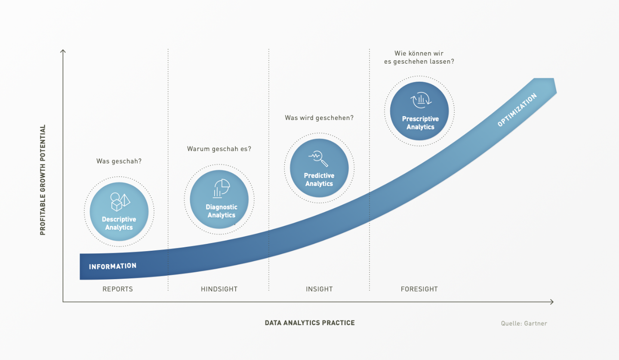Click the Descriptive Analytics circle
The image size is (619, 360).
click(x=119, y=212)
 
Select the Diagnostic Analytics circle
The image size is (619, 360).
click(x=219, y=199)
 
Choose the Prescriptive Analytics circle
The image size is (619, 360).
click(x=419, y=111)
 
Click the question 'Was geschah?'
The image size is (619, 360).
click(x=119, y=161)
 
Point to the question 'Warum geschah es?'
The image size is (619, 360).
click(x=219, y=149)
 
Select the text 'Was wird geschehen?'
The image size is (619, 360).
click(x=319, y=117)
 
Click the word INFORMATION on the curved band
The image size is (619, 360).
click(x=113, y=266)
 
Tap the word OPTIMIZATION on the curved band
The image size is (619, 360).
click(x=517, y=110)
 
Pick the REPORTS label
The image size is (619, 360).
click(x=117, y=289)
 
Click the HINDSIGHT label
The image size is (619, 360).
click(x=219, y=289)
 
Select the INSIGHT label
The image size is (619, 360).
click(x=319, y=289)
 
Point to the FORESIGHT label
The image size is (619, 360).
click(x=419, y=289)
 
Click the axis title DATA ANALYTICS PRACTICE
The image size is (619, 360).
click(x=310, y=323)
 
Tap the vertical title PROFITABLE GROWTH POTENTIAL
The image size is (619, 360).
click(x=43, y=180)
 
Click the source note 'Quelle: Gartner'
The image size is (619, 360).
click(x=524, y=323)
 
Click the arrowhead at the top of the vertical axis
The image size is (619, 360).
click(x=63, y=52)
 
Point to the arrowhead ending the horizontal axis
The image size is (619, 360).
click(x=551, y=302)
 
